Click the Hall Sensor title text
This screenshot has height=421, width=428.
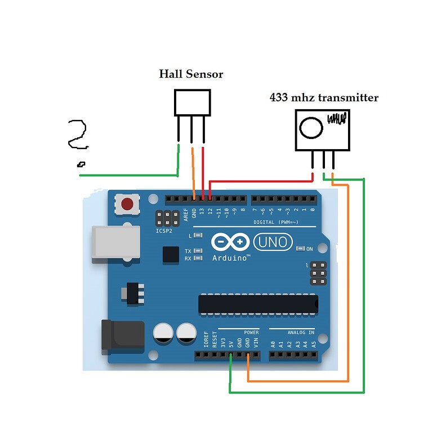191,74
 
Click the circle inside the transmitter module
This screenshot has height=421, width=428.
310,128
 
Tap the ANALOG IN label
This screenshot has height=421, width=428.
300,332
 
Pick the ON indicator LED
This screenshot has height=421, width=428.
300,249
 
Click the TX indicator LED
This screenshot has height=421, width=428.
198,251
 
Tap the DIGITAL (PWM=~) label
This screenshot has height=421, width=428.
279,222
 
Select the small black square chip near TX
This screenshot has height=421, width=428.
171,255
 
